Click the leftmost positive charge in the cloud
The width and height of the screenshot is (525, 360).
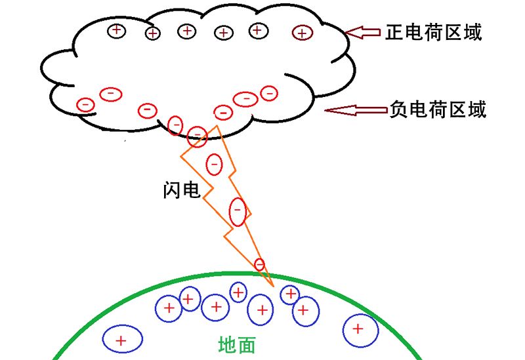pos(117,30)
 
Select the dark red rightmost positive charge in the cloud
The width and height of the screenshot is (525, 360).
pos(302,32)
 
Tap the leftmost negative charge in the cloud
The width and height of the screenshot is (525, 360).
pos(85,104)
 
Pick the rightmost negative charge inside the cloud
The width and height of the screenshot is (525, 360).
pos(268,94)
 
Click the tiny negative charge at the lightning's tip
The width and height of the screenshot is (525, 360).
pos(259,264)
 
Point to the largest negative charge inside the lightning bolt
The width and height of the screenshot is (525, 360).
pos(238,211)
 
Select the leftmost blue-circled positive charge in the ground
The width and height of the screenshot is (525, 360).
pos(122,339)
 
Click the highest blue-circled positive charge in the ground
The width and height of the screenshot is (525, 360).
pos(238,291)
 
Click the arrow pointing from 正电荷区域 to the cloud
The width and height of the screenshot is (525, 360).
pos(362,31)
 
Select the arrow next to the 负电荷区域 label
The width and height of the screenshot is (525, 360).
pos(354,110)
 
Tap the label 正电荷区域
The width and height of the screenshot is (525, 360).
pos(433,31)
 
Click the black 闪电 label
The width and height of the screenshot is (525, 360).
pos(181,190)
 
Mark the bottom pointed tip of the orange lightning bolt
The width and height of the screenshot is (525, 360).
pos(272,287)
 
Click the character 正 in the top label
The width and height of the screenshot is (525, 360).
pos(394,31)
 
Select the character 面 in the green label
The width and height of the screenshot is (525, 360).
pos(246,345)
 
